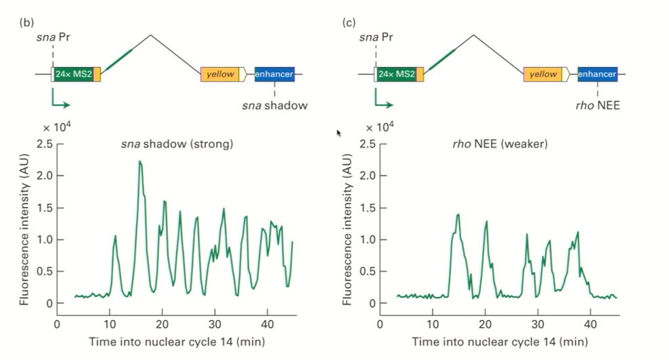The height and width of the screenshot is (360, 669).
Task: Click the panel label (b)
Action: pos(27,22)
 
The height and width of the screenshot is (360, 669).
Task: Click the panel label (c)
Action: pos(349,22)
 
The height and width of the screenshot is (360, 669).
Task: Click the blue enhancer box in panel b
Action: pos(274,74)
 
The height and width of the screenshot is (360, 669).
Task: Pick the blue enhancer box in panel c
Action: pos(597,74)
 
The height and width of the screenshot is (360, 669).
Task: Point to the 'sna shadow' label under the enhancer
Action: pos(275,106)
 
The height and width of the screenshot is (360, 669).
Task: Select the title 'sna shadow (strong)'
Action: pos(177,143)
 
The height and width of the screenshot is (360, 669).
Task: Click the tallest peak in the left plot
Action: pos(139,162)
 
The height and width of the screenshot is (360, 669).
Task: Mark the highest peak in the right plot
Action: pos(458,215)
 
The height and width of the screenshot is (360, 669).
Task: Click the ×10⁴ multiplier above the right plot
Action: pos(379,127)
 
